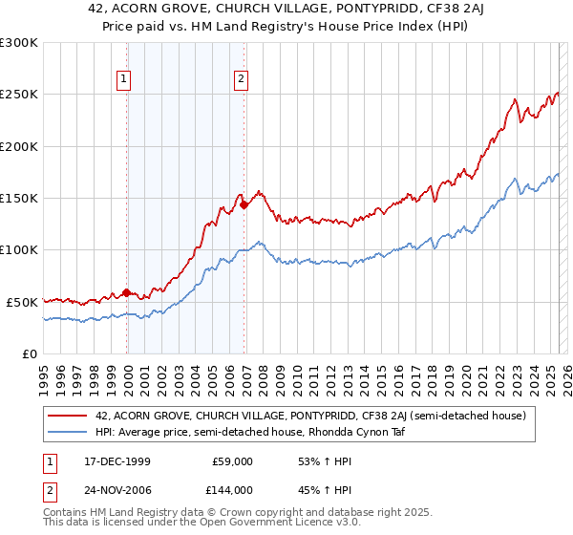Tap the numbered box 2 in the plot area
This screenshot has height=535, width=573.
pos(242,79)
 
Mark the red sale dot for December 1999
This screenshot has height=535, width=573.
pos(127,292)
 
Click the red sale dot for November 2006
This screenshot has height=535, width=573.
pos(244,204)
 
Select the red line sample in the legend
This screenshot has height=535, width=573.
pos(68,416)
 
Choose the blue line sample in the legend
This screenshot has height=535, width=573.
pos(68,432)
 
